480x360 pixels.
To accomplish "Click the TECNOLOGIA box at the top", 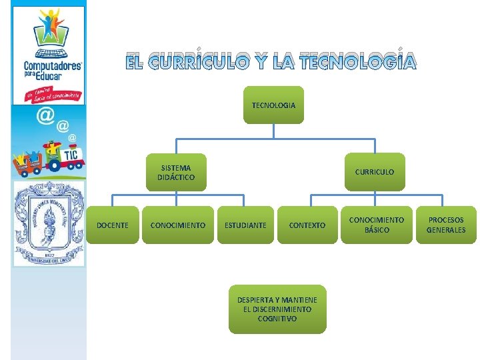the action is pos(273,105).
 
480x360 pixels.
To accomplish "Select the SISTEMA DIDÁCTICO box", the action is pos(176,173).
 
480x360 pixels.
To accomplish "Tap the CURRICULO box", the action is pos(374,172).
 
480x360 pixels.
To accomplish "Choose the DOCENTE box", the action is pos(113,225).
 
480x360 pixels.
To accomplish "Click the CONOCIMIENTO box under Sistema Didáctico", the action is pos(177,225).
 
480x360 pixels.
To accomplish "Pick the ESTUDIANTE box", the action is pos(245,225).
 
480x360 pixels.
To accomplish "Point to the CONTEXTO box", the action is pos(307,225).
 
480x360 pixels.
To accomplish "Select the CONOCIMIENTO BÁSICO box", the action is pos(377,225).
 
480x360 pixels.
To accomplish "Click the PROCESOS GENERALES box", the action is pos(446,225).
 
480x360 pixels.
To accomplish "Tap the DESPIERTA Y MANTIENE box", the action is pos(277,309).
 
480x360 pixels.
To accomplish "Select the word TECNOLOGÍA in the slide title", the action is pos(358,63).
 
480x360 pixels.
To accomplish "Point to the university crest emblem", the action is pos(49,223).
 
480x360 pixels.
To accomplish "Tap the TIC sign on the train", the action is pos(71,155).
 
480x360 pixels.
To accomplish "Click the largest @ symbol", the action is pos(45,115).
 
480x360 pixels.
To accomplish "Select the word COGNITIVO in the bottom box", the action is pos(277,319).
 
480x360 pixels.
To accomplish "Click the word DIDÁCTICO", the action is pos(176,178).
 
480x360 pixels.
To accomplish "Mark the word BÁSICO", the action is pos(377,230).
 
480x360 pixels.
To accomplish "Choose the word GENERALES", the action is pos(446,230).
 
